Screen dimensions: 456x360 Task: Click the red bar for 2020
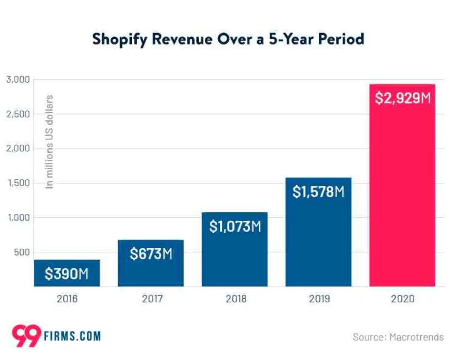402,186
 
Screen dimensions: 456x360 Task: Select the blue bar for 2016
67,273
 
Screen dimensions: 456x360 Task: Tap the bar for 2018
235,249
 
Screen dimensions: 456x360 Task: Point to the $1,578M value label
318,192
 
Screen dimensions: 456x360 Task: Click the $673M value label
151,254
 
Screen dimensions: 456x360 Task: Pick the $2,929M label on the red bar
403,97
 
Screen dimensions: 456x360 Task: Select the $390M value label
67,274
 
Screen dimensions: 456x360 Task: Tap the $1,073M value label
235,227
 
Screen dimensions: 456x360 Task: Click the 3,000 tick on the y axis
18,79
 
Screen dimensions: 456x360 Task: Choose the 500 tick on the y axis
22,252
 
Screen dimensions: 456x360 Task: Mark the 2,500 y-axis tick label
18,114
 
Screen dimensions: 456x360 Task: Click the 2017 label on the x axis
152,299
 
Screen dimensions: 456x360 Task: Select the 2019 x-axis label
319,299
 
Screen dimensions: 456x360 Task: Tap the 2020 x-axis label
403,299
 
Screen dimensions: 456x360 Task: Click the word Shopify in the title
120,40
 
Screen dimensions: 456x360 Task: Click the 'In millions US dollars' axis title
49,142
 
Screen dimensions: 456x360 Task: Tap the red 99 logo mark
26,336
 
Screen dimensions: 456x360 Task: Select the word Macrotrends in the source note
416,337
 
